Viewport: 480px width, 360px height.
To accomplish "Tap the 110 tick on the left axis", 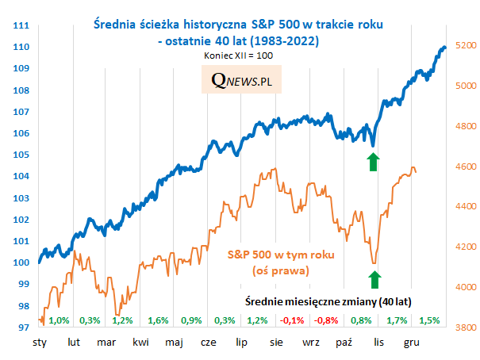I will tap(21, 47).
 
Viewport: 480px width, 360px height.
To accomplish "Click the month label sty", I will tap(40, 343).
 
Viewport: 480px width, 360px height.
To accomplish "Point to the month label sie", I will tap(276, 343).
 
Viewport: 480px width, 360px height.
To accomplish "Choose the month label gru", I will tap(411, 343).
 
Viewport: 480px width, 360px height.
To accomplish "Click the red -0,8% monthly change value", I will tap(326, 321).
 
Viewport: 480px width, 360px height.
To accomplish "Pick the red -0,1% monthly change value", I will tap(292, 321).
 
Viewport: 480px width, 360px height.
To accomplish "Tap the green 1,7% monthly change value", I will tap(395, 321).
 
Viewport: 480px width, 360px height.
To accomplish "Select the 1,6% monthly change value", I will tap(158, 321).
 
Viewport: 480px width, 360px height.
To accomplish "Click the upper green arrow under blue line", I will tap(373, 163).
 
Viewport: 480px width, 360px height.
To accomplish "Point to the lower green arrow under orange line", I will tap(374, 279).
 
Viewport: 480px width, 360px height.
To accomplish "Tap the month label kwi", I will tap(140, 343).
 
